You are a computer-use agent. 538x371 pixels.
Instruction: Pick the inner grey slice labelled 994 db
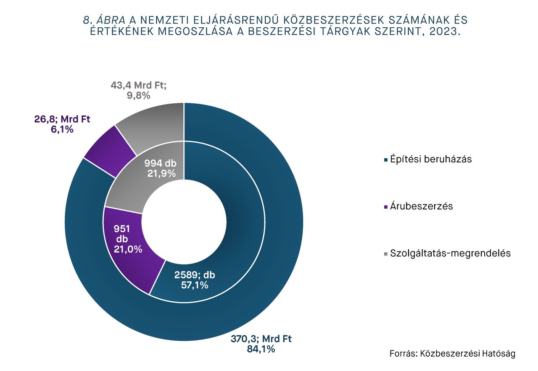139,185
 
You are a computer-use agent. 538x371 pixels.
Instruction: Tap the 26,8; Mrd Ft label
62,120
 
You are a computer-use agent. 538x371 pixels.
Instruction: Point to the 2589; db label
195,275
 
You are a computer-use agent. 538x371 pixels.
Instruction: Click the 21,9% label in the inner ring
161,173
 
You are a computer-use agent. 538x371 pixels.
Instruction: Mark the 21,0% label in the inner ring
128,249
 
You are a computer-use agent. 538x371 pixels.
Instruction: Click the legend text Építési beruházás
431,159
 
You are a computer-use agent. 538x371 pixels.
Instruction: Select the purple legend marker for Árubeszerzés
385,207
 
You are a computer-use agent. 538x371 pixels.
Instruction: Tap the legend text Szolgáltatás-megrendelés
450,253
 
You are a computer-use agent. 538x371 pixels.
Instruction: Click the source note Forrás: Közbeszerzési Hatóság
452,354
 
